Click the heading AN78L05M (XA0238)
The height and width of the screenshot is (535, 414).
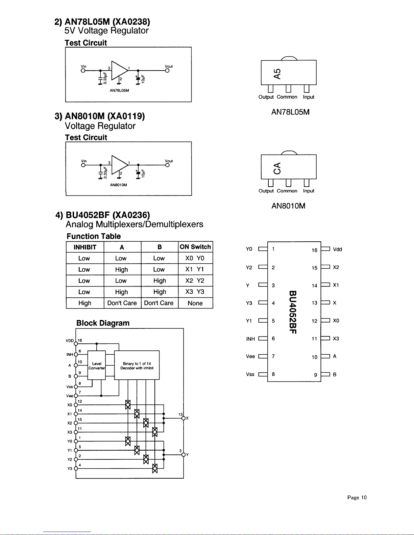tap(102, 22)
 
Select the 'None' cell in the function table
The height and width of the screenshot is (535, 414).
tap(195, 303)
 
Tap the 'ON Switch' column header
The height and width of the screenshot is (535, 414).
tap(195, 247)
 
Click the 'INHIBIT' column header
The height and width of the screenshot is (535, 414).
tap(85, 247)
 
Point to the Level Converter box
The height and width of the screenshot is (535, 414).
tap(96, 366)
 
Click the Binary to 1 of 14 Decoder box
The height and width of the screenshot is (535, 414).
tap(137, 366)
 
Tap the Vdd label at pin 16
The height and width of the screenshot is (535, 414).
tap(337, 249)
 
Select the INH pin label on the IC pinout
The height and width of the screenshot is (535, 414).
tap(250, 339)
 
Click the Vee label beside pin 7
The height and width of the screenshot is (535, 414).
tap(250, 356)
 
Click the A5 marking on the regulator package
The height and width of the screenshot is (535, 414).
tap(277, 74)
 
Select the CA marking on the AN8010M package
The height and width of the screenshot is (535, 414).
tap(277, 168)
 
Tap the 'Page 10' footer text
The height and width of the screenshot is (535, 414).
tap(357, 497)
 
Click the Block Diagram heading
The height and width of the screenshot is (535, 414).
tap(103, 323)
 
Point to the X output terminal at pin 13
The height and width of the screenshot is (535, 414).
tap(184, 418)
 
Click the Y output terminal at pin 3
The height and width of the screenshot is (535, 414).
tap(184, 455)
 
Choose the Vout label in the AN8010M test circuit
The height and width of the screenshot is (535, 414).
tap(169, 161)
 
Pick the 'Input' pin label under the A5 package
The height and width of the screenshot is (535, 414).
tap(308, 97)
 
